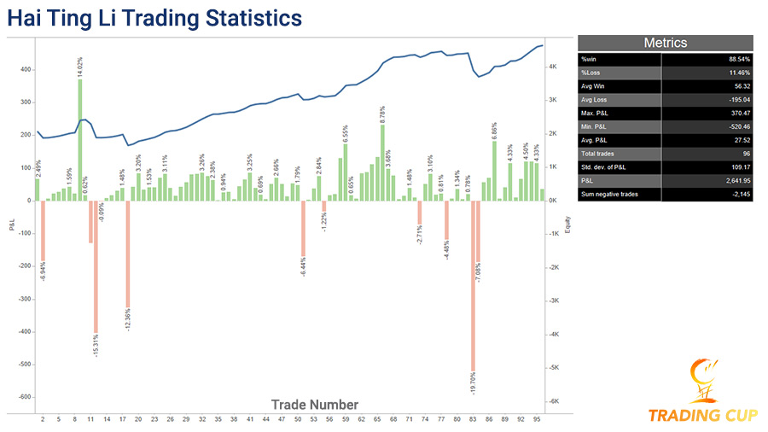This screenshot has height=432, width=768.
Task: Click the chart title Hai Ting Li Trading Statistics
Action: tap(154, 18)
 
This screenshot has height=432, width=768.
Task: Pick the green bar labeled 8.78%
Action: tap(382, 162)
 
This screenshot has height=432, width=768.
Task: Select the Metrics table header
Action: tap(665, 43)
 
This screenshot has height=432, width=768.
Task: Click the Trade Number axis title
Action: tap(315, 405)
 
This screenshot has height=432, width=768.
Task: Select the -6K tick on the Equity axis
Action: tap(553, 401)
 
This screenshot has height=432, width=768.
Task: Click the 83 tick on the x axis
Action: tap(473, 420)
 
